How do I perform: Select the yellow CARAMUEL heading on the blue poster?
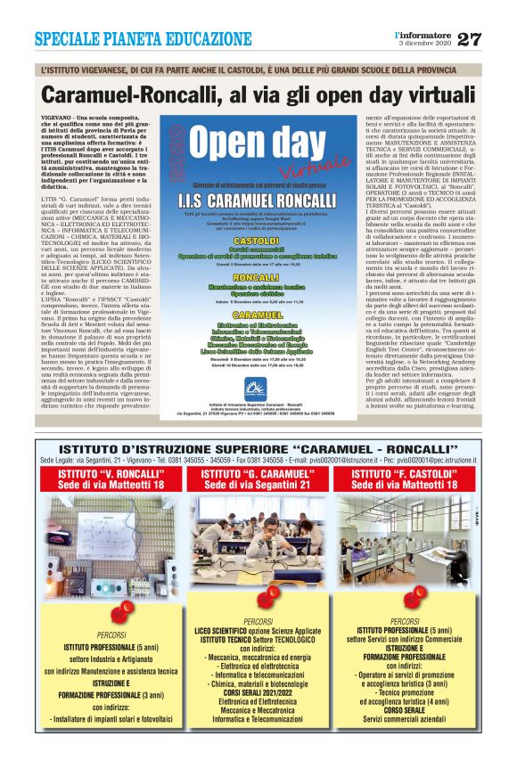[255, 315]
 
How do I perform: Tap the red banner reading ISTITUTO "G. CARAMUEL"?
[258, 479]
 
